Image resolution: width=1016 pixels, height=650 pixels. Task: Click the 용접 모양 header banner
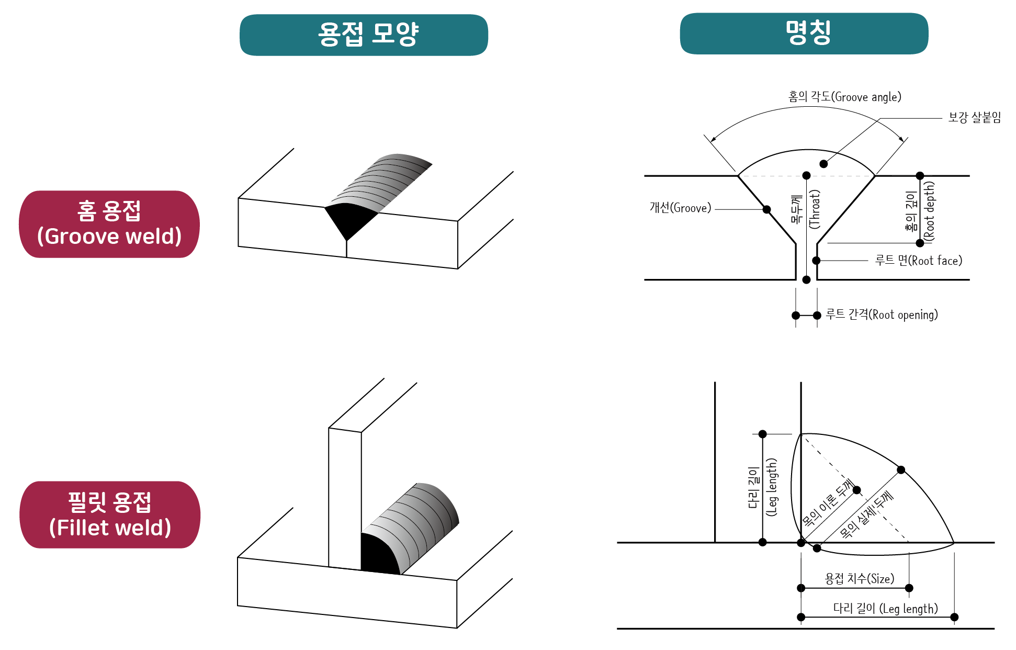pos(364,35)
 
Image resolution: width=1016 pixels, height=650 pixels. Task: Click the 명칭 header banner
pos(804,33)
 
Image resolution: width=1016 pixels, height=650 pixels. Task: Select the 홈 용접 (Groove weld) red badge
pos(109,224)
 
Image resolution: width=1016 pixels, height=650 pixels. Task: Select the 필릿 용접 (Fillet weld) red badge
pos(110,514)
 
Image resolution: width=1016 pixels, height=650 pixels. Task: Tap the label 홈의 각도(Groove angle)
pos(844,97)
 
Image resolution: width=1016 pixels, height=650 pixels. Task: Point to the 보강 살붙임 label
pos(974,118)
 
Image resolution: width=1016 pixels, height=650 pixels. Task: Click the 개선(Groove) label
pos(680,208)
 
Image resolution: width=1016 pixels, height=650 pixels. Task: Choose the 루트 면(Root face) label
pos(918,261)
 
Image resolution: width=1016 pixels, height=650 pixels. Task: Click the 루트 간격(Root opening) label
pos(882,315)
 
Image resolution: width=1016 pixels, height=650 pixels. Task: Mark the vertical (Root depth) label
pos(929,210)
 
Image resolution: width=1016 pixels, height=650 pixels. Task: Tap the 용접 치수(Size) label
pos(859,579)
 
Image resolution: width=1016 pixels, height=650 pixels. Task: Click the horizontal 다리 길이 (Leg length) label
pos(885,609)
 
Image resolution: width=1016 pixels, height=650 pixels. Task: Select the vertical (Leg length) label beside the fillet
pos(771,487)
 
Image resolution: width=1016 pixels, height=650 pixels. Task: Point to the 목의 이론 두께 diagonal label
pos(828,503)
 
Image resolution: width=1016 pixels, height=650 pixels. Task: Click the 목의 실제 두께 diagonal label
pos(866,515)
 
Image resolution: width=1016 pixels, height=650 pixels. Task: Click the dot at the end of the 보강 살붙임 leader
pos(823,164)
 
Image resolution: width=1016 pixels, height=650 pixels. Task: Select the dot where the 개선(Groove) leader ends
pos(766,209)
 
